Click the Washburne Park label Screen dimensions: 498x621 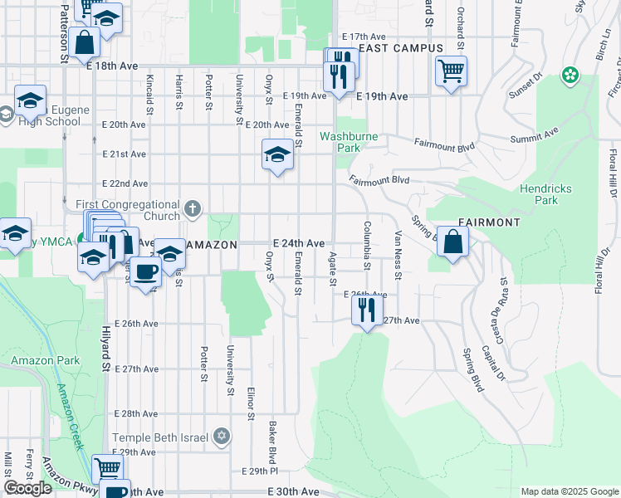[x=340, y=141]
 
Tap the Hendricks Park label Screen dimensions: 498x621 [x=545, y=194]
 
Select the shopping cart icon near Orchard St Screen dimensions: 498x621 [x=451, y=71]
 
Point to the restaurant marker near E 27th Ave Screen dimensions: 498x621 [x=366, y=310]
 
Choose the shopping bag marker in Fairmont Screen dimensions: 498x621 [x=453, y=242]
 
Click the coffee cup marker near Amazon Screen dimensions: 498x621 [x=145, y=271]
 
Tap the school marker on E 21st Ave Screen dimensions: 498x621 [x=278, y=154]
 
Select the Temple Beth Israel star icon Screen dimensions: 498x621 [x=221, y=435]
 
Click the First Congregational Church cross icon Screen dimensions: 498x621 [x=193, y=207]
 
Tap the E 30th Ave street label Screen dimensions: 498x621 [x=294, y=491]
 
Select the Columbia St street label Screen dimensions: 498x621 [x=365, y=246]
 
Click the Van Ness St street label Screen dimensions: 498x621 [x=398, y=255]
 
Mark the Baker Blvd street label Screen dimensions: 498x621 [x=271, y=442]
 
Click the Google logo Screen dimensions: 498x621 [x=28, y=488]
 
